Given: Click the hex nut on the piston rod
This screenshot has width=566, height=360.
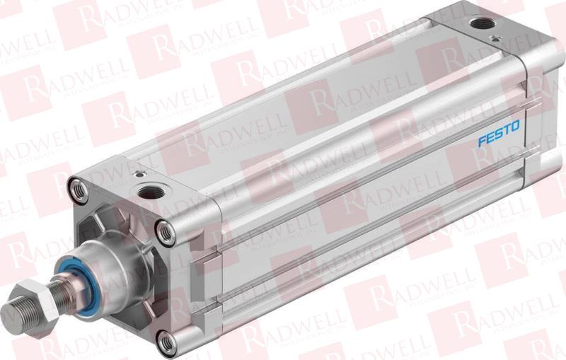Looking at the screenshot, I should pyautogui.click(x=37, y=294).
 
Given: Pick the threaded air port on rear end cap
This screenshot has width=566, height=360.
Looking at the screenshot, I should pyautogui.click(x=483, y=23).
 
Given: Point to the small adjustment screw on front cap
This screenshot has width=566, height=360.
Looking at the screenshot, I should pyautogui.click(x=139, y=173).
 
